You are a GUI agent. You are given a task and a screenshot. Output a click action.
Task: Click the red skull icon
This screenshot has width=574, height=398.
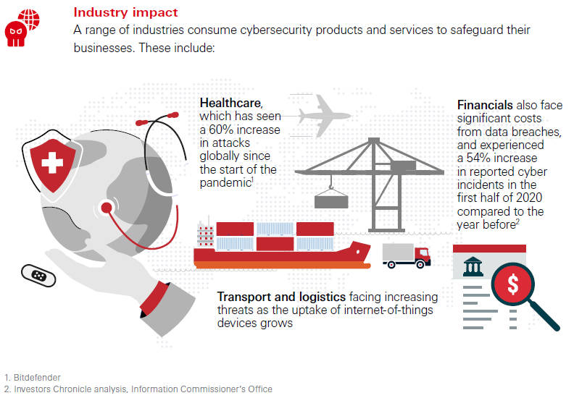[x=15, y=34]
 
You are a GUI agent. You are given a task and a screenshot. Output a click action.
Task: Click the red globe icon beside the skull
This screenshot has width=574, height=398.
[x=30, y=18]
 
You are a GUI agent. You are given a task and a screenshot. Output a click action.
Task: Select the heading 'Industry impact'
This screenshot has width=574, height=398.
[x=125, y=12]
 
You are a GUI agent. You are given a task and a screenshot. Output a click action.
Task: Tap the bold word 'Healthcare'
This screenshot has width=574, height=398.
[x=230, y=103]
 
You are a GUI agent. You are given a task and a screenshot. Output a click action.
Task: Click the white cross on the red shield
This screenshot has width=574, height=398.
[x=52, y=162]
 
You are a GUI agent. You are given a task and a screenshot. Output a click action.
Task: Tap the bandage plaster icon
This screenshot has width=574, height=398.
[x=38, y=276]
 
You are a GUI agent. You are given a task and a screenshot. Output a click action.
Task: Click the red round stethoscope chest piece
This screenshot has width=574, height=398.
[x=106, y=208]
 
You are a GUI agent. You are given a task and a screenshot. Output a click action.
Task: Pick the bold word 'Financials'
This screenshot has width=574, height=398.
[x=485, y=105]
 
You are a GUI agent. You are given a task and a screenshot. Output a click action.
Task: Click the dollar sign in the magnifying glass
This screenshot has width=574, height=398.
[x=513, y=284]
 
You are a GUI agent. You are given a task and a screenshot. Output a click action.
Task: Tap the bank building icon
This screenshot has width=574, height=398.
[x=473, y=266]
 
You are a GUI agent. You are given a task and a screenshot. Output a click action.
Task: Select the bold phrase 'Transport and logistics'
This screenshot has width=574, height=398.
[x=281, y=297]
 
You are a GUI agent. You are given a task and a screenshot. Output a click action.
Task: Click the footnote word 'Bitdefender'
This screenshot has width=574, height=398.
[x=37, y=378]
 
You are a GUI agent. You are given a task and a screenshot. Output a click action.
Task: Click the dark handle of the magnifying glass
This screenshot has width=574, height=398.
[x=544, y=316]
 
